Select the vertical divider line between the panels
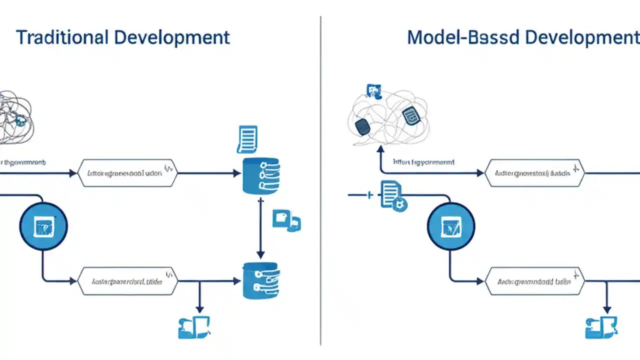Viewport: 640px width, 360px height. pyautogui.click(x=320, y=180)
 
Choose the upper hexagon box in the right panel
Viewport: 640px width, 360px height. pyautogui.click(x=534, y=173)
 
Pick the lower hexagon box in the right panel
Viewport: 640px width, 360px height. pyautogui.click(x=534, y=281)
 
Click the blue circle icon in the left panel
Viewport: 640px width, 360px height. pyautogui.click(x=43, y=226)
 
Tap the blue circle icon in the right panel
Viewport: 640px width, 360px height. pyautogui.click(x=451, y=226)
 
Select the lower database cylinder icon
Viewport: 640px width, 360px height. pyautogui.click(x=260, y=281)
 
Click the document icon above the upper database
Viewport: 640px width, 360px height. pyautogui.click(x=247, y=139)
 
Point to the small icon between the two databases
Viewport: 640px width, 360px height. pyautogui.click(x=286, y=220)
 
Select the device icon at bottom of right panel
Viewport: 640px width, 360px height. pyautogui.click(x=600, y=327)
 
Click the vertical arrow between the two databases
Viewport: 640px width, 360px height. pyautogui.click(x=260, y=227)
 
